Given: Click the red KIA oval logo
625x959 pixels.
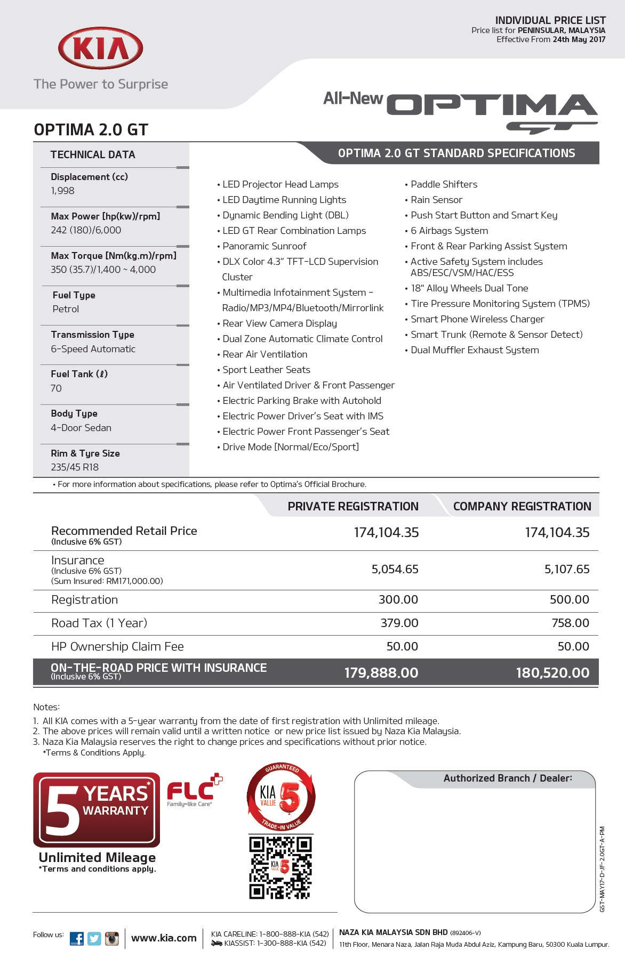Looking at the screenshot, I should pyautogui.click(x=100, y=48).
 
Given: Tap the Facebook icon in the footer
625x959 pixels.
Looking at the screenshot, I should pyautogui.click(x=77, y=939).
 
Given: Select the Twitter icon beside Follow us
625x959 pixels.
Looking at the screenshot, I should pyautogui.click(x=94, y=939).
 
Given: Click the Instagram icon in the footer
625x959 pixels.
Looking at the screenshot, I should pyautogui.click(x=112, y=939).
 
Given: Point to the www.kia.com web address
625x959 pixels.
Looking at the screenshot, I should pyautogui.click(x=164, y=938).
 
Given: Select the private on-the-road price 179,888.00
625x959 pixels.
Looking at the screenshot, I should pyautogui.click(x=381, y=673).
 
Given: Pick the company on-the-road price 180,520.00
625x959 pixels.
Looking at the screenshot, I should pyautogui.click(x=552, y=673).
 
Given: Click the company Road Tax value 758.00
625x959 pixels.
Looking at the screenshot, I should pyautogui.click(x=570, y=623).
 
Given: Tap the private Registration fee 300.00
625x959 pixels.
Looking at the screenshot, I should pyautogui.click(x=398, y=599).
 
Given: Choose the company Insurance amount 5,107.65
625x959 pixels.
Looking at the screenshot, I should pyautogui.click(x=567, y=569).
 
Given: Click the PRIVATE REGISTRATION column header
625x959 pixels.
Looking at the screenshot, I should pyautogui.click(x=353, y=506).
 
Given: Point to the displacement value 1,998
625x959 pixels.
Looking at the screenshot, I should pyautogui.click(x=63, y=191).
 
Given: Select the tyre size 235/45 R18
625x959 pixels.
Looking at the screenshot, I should pyautogui.click(x=75, y=467).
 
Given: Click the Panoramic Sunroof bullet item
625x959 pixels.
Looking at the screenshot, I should pyautogui.click(x=265, y=246).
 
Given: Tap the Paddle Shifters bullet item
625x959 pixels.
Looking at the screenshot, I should pyautogui.click(x=444, y=184).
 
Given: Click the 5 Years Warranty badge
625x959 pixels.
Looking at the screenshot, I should pyautogui.click(x=97, y=810).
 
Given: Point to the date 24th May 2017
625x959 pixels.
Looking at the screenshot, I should pyautogui.click(x=579, y=39).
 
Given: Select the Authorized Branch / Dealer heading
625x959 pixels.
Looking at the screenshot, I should pyautogui.click(x=508, y=778).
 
